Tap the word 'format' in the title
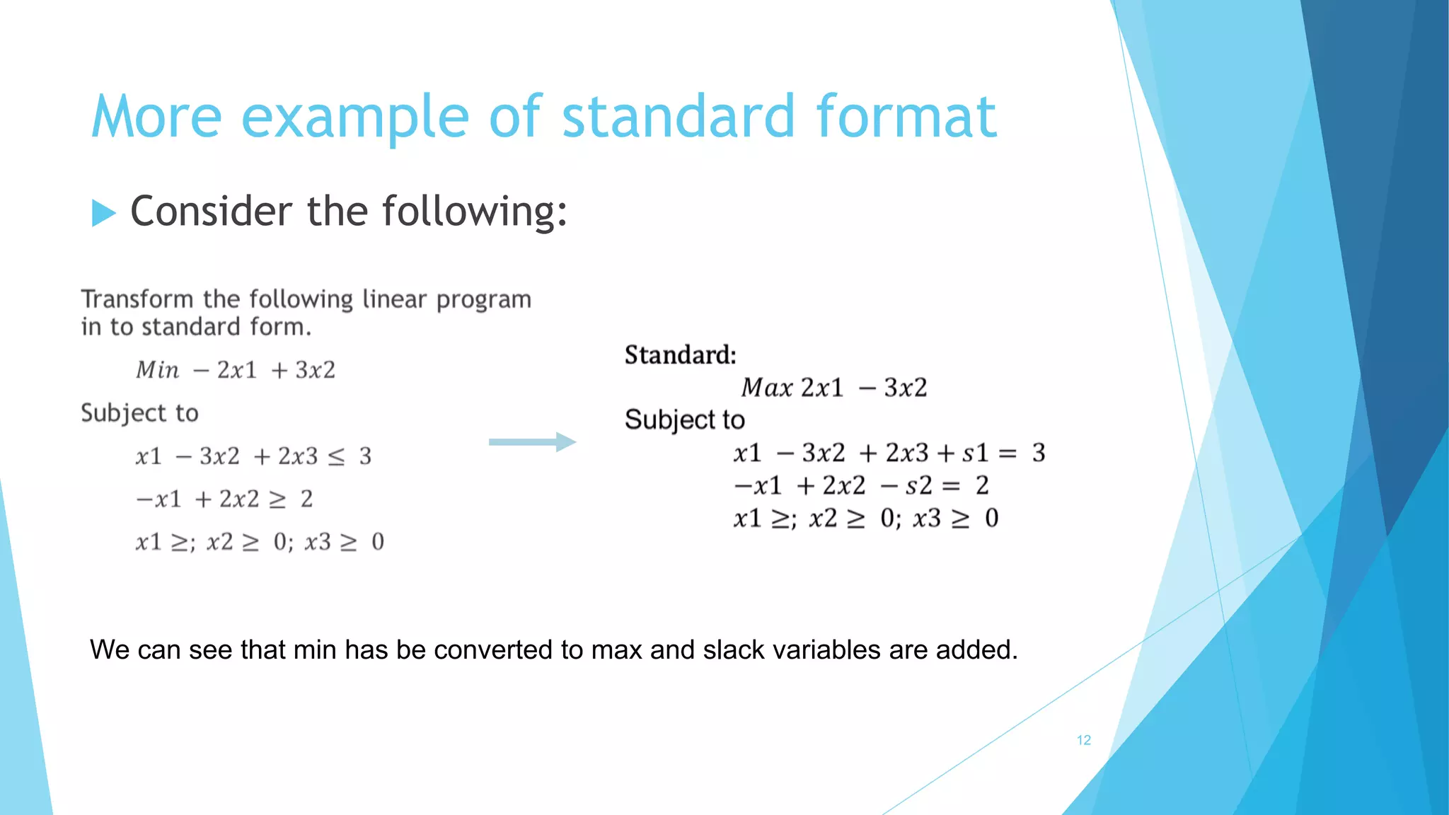pyautogui.click(x=906, y=117)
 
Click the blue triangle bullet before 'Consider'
pyautogui.click(x=103, y=213)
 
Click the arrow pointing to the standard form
pyautogui.click(x=532, y=442)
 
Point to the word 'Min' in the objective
pyautogui.click(x=157, y=370)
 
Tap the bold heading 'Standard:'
pyautogui.click(x=680, y=354)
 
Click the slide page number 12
pyautogui.click(x=1083, y=740)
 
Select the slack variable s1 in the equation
pyautogui.click(x=974, y=453)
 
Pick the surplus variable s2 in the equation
pyautogui.click(x=918, y=485)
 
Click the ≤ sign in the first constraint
pyautogui.click(x=337, y=457)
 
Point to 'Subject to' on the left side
pyautogui.click(x=139, y=413)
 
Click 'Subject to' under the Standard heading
pyautogui.click(x=684, y=420)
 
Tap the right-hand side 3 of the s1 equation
pyautogui.click(x=1038, y=453)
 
